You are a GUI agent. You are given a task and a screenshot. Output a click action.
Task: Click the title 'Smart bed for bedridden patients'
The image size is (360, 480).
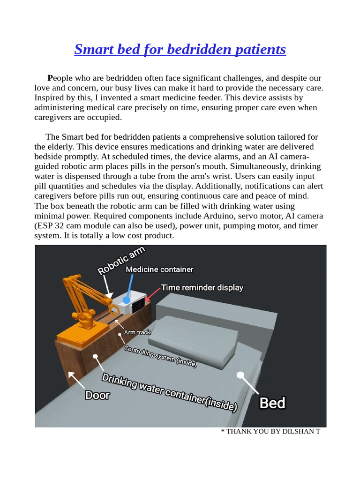pos(180,49)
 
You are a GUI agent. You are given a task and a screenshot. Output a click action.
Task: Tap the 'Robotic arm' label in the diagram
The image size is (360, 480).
pos(121,261)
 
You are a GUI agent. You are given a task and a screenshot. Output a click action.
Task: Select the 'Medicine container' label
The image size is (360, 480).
pos(159,270)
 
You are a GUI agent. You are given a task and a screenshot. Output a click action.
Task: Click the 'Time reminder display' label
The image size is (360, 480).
pos(202,287)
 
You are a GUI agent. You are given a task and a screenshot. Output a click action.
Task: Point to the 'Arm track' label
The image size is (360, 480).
pos(137,332)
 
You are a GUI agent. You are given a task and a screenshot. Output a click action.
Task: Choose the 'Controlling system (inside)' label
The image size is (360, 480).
pos(160,357)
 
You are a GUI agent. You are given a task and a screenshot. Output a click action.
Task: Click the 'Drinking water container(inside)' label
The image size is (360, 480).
pos(169,392)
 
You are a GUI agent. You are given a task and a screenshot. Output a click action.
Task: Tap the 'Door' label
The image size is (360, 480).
pos(97,395)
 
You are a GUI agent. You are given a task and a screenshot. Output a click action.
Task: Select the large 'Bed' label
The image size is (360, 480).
pos(272,403)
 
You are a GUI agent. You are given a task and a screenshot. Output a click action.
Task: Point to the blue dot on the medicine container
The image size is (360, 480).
pos(126,299)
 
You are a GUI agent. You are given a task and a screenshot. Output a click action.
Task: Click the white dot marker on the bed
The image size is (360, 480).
pos(240,375)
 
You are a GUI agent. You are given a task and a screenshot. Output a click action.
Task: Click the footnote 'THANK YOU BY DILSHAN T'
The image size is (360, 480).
pos(270,431)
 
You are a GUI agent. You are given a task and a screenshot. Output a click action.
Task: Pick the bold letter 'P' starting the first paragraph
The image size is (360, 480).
pos(50,78)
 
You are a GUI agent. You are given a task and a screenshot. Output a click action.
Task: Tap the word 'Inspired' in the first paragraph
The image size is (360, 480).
pos(49,97)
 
